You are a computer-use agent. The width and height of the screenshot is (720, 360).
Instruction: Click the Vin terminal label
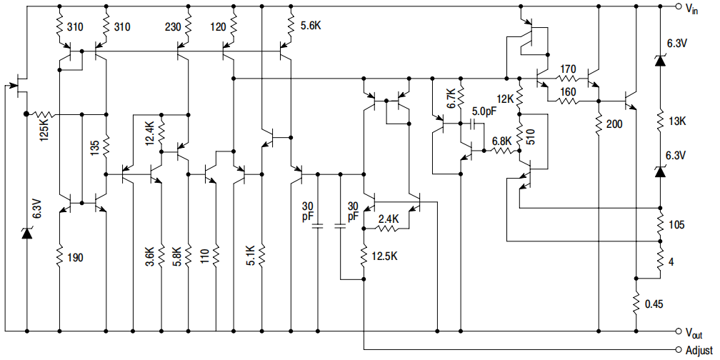click(693, 8)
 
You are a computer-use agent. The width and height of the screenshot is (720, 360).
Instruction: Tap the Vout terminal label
click(694, 333)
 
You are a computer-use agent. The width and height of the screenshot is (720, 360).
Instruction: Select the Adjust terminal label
click(699, 350)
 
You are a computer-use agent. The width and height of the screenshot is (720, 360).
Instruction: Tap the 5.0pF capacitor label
click(484, 111)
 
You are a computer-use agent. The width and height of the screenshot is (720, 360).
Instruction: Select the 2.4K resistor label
click(389, 219)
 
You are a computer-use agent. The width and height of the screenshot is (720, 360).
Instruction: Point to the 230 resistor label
click(173, 28)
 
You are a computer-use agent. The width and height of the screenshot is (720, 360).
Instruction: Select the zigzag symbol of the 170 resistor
click(568, 79)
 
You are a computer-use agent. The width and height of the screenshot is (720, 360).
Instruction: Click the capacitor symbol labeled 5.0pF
click(471, 124)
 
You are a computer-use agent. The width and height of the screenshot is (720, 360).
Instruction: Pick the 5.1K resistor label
click(250, 256)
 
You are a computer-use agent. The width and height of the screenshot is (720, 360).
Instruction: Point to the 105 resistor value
click(676, 225)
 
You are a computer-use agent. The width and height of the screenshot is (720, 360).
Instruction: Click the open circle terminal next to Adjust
click(678, 349)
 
